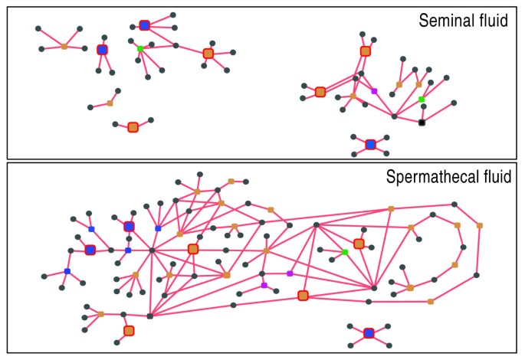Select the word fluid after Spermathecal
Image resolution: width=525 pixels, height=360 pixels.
(494, 178)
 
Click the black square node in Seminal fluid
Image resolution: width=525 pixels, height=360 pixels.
(422, 123)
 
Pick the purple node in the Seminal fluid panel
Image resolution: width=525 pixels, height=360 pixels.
(374, 91)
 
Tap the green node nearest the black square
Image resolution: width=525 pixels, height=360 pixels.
(422, 100)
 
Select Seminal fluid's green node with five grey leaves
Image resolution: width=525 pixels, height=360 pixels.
(139, 49)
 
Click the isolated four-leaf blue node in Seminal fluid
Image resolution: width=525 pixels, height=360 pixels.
(370, 144)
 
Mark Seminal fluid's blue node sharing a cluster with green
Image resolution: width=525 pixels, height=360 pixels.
(144, 25)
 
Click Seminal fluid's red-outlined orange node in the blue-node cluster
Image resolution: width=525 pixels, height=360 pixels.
(208, 53)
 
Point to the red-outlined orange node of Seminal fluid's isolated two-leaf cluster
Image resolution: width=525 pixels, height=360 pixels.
(133, 126)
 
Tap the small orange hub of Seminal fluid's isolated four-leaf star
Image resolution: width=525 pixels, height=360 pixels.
(64, 47)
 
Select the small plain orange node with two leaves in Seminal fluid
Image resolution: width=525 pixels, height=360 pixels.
(110, 103)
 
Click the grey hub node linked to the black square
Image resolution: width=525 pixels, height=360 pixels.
(394, 116)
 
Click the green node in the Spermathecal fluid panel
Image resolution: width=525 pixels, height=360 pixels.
(345, 252)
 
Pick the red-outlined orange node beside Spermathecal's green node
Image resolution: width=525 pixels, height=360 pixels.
(359, 244)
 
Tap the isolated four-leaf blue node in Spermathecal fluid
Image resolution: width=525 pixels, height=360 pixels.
(369, 333)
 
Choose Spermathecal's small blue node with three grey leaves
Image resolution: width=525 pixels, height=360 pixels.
(67, 271)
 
